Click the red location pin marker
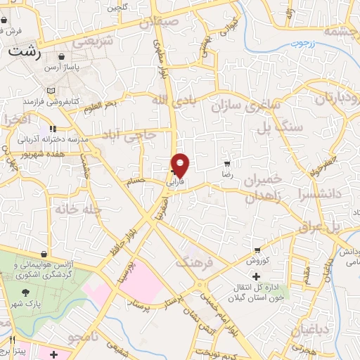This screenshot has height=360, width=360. (181, 165)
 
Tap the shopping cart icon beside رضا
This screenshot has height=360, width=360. (226, 162)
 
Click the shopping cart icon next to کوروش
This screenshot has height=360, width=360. (258, 250)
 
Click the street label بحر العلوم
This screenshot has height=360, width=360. (120, 105)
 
